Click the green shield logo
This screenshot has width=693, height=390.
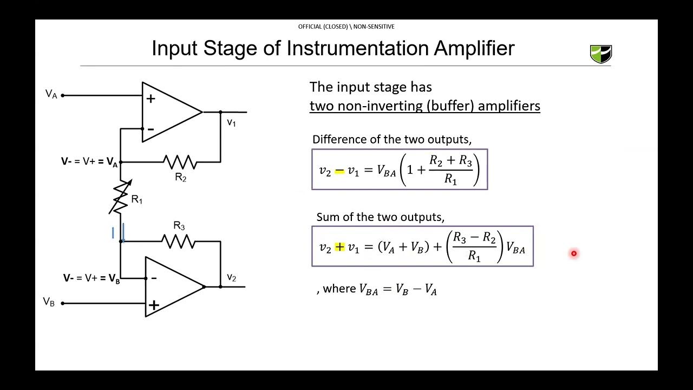click(x=600, y=54)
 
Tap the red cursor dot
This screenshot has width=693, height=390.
click(x=574, y=253)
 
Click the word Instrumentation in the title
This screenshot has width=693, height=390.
click(x=359, y=48)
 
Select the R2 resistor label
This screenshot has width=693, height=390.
click(x=180, y=178)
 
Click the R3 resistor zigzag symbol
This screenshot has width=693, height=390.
click(x=179, y=242)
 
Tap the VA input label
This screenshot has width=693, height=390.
click(x=51, y=94)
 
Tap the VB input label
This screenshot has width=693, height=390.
click(x=49, y=302)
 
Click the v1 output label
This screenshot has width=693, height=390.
click(x=231, y=122)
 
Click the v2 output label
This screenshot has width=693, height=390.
click(x=231, y=277)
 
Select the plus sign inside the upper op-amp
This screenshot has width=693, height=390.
click(x=151, y=99)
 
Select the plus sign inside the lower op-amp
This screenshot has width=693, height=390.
click(x=154, y=305)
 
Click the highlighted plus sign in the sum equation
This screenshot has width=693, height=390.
click(x=339, y=248)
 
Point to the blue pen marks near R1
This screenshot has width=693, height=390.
click(x=118, y=233)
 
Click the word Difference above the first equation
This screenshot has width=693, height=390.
click(x=336, y=139)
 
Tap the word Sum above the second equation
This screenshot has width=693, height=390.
click(x=327, y=217)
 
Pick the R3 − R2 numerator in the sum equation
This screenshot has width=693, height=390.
click(x=474, y=238)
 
